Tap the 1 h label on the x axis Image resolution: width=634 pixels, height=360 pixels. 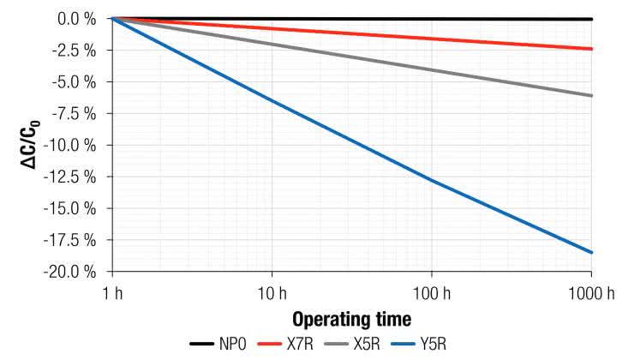pos(112,294)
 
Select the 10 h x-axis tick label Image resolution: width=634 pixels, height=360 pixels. pos(272,294)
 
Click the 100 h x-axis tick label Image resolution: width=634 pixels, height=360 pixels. pos(431,294)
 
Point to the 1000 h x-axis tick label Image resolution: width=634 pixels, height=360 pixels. pos(591,294)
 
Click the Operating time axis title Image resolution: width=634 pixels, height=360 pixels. pos(351,320)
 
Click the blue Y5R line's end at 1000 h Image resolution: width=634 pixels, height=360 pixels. pos(591,252)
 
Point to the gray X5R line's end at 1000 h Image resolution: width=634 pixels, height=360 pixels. pos(591,95)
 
